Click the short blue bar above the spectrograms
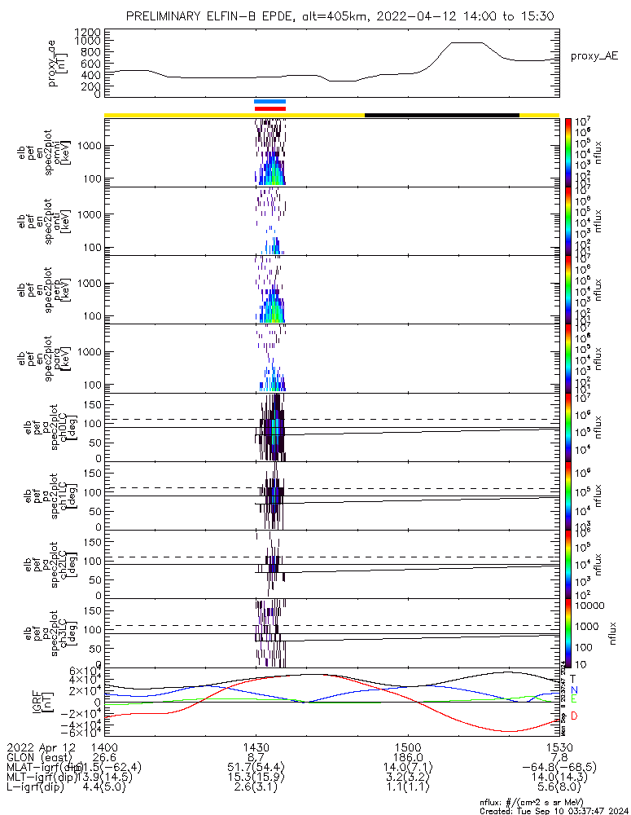[x=269, y=102]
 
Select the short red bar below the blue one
[x=269, y=108]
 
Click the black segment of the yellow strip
[x=441, y=115]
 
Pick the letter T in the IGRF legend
[x=573, y=678]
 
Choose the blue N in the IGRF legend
[x=573, y=689]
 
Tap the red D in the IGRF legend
[x=573, y=716]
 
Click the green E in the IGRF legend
[x=573, y=698]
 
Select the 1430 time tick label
[x=256, y=747]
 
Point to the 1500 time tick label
[x=408, y=747]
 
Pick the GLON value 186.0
[x=408, y=756]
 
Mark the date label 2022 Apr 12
[x=41, y=747]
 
